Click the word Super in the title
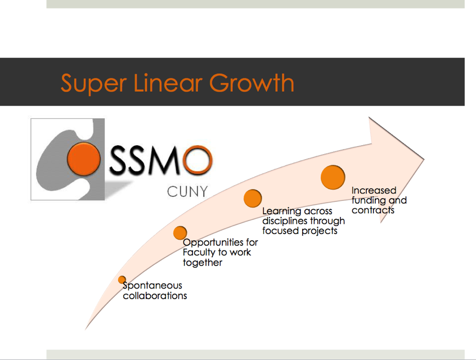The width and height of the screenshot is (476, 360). click(x=93, y=84)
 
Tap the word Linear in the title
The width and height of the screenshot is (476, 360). click(x=168, y=83)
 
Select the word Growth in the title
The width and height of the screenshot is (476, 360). click(x=252, y=83)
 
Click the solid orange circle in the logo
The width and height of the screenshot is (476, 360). click(x=83, y=159)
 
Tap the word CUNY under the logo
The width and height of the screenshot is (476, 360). click(x=187, y=192)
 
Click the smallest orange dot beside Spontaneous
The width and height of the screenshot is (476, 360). click(x=122, y=280)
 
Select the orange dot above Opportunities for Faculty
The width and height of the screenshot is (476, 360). click(x=180, y=233)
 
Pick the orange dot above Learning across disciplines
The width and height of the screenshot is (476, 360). click(x=253, y=198)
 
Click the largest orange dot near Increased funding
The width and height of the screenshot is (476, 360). click(x=333, y=177)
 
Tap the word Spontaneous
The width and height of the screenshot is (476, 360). click(x=152, y=286)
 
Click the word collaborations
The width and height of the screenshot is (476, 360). click(x=155, y=296)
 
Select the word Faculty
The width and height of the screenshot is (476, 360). click(x=199, y=253)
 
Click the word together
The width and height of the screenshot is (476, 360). click(x=203, y=263)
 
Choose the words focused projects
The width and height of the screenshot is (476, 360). click(x=300, y=231)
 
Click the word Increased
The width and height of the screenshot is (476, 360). click(x=374, y=190)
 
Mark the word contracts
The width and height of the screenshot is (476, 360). click(x=373, y=210)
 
